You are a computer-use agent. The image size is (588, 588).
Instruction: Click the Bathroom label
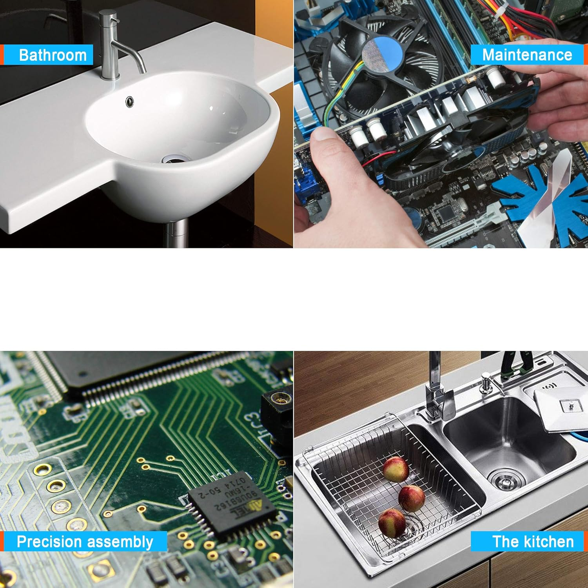point(53,55)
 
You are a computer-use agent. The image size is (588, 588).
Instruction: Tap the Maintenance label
point(527,55)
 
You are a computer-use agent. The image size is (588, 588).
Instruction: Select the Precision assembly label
point(85,542)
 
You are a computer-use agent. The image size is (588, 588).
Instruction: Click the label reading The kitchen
point(533,542)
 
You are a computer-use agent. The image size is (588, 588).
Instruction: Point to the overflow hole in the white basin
point(130,102)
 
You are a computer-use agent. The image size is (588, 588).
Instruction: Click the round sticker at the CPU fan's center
point(382,55)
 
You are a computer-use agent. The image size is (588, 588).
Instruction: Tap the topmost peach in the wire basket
point(396,469)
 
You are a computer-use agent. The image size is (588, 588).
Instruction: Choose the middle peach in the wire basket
point(412,498)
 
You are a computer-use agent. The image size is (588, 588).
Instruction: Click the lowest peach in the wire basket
point(392,523)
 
